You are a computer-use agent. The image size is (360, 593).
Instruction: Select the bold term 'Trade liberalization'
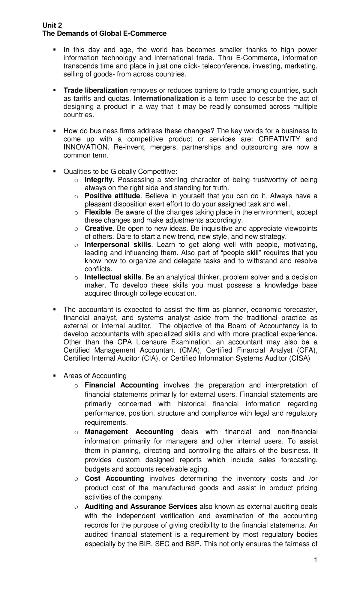[x=96, y=90]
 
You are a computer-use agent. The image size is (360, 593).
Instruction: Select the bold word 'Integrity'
[x=99, y=180]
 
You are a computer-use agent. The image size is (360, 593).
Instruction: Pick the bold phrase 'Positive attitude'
[x=112, y=196]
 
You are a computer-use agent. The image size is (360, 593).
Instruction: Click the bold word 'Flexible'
[x=98, y=212]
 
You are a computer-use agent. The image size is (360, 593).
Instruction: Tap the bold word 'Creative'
[x=98, y=228]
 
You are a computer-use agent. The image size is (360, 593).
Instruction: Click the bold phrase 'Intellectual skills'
[x=113, y=277]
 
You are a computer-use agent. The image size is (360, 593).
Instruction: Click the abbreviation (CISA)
[x=299, y=358]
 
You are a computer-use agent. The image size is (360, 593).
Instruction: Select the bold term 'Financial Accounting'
[x=121, y=385]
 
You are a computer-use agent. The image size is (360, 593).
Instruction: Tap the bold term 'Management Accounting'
[x=129, y=432]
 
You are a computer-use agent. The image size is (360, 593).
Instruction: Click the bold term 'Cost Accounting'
[x=114, y=478]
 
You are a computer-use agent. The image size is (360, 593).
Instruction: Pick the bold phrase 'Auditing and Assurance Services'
[x=141, y=507]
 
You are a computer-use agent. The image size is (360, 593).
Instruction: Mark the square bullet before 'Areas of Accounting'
[x=55, y=375]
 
